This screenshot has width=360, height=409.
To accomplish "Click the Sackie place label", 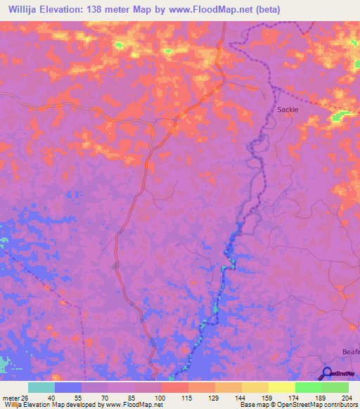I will [x=288, y=110].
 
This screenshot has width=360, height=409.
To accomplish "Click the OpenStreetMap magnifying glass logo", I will [x=327, y=373].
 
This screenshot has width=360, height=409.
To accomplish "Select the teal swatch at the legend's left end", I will [x=41, y=387].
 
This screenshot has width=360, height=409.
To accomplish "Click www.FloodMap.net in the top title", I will [x=212, y=8].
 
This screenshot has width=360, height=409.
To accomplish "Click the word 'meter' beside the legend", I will [x=10, y=397].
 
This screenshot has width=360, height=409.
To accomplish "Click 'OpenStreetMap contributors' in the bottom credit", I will [x=321, y=405].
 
